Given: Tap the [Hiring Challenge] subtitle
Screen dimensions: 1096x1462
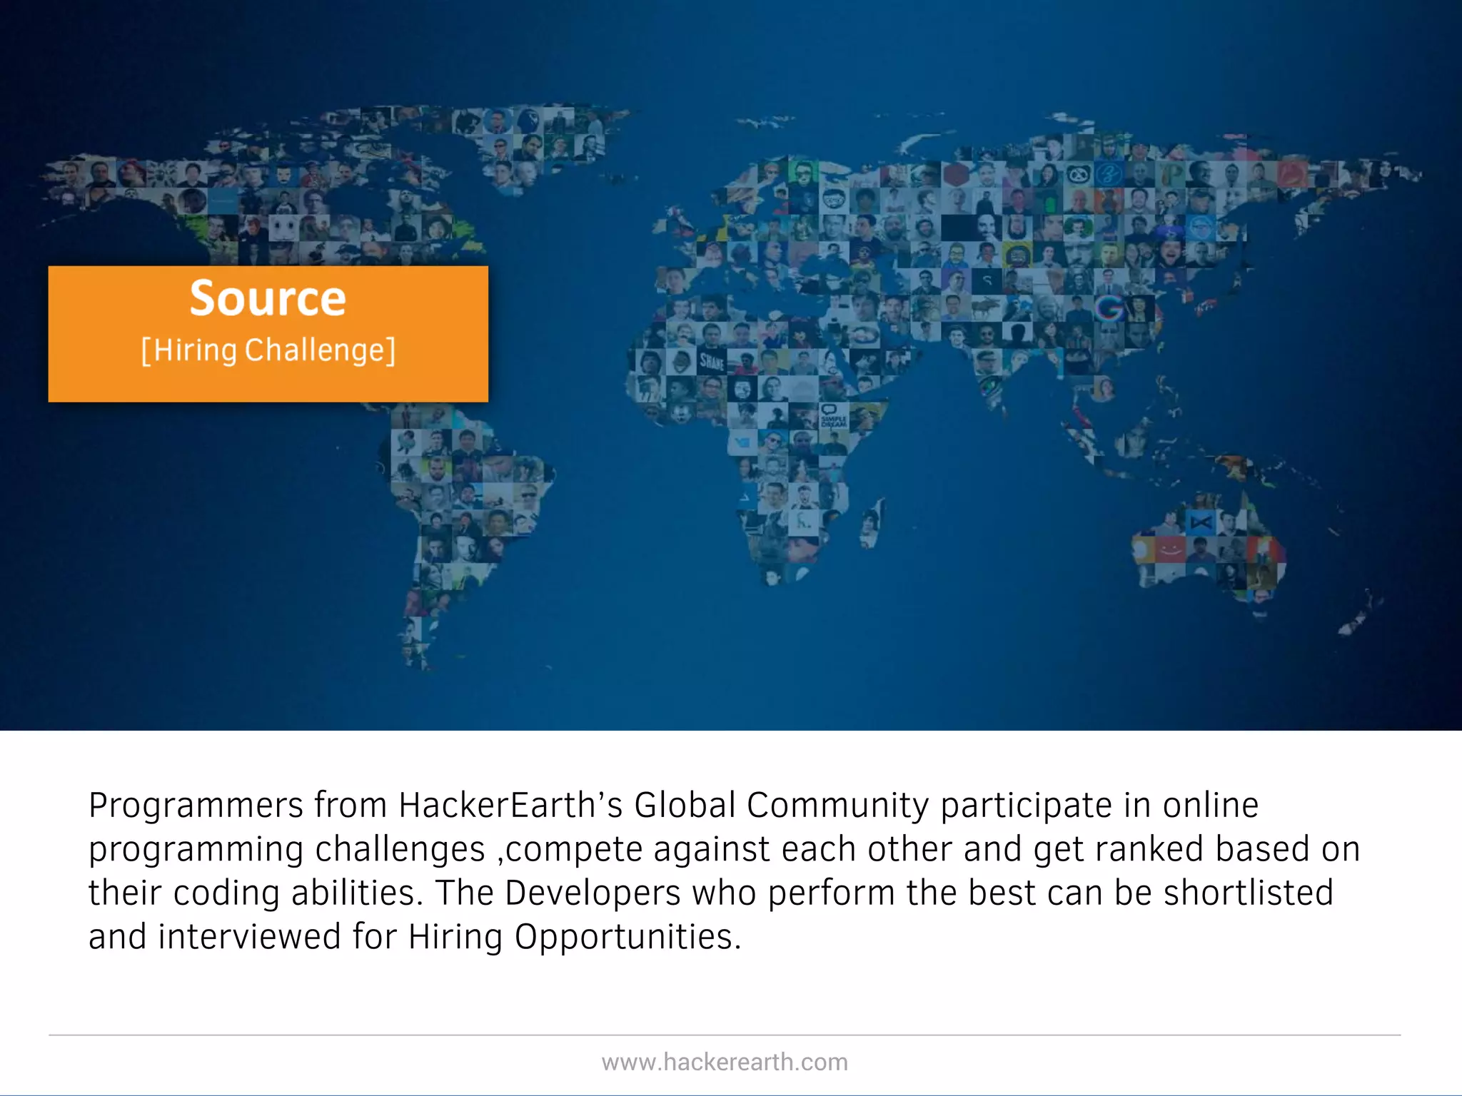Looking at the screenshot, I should (268, 351).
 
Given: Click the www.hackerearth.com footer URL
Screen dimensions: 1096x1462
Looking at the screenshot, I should (725, 1062).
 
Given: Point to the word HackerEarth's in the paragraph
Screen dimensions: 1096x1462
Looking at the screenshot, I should (510, 806).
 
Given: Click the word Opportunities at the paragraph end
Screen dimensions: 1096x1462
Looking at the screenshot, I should (628, 937).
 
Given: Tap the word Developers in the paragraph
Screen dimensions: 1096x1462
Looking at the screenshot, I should (593, 893).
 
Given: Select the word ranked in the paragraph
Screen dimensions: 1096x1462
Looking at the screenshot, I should (1149, 849).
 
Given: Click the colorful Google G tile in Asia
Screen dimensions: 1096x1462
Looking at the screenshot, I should (1109, 308).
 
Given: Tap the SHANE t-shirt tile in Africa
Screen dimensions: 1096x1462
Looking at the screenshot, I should (712, 362).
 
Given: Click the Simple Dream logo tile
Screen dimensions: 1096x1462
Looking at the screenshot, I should (832, 416).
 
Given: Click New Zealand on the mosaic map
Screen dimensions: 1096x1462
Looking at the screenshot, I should (1360, 614).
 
